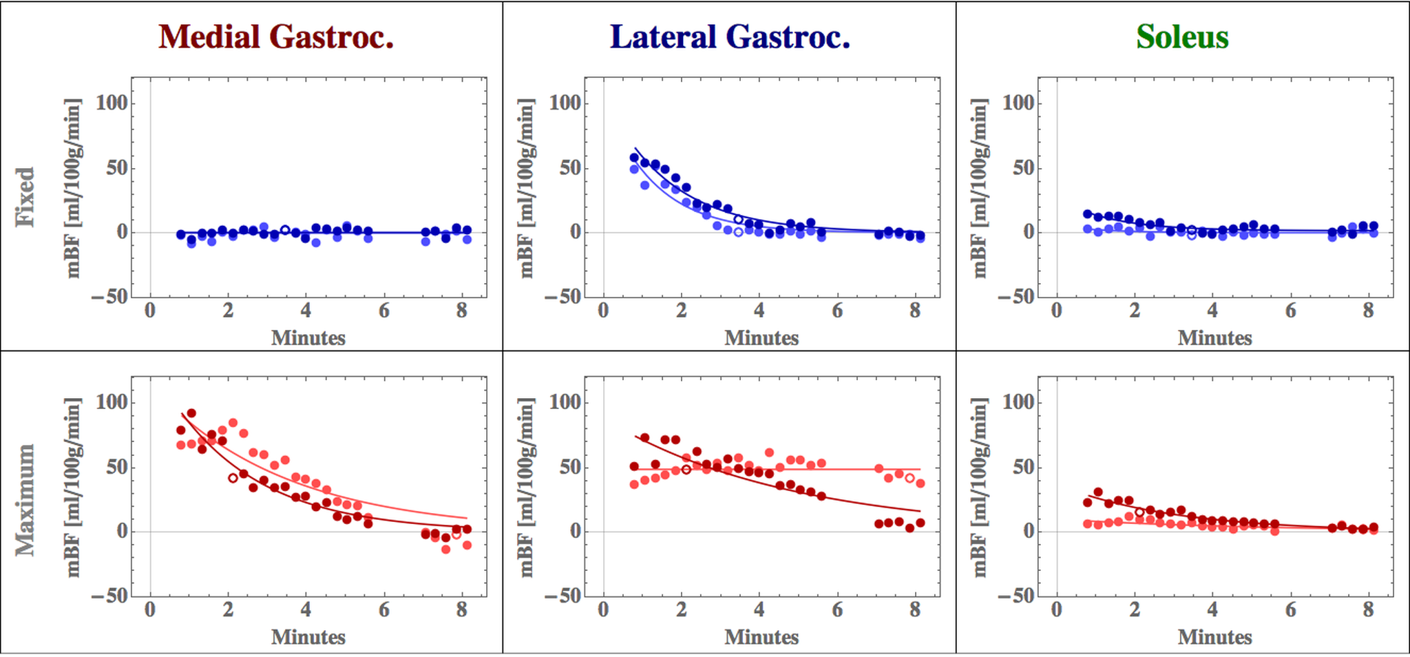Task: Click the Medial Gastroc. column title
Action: point(276,37)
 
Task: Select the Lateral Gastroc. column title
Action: point(730,37)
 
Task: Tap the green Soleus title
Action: point(1182,37)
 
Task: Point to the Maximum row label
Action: point(25,499)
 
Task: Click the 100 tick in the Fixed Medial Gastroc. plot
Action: point(112,103)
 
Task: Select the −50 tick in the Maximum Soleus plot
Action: point(1018,596)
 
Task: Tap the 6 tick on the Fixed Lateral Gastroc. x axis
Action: point(836,311)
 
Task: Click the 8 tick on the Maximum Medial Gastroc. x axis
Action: point(461,610)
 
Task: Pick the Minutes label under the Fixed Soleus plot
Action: point(1214,338)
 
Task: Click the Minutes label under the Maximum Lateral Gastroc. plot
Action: point(761,637)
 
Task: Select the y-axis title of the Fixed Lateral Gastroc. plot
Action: point(527,187)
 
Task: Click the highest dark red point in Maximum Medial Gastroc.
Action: point(191,413)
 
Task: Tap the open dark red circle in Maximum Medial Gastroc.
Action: point(233,478)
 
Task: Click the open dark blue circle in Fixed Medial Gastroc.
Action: point(285,230)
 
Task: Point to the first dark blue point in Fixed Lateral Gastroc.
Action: point(634,158)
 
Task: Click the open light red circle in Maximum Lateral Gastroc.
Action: point(909,478)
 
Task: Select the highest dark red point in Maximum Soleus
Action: point(1098,492)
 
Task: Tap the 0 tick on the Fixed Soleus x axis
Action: point(1057,311)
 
